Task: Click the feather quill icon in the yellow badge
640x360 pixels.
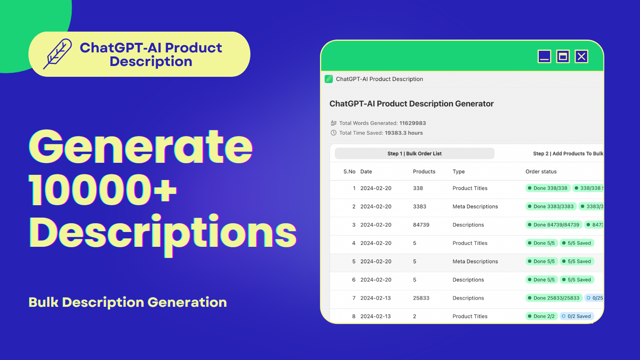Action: pos(58,54)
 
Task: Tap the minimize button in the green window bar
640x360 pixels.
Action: pos(544,56)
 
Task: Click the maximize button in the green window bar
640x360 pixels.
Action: pos(563,56)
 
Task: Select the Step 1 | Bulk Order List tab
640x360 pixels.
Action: pos(414,154)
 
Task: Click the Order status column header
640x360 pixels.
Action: pos(541,172)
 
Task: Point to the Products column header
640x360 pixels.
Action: pos(424,172)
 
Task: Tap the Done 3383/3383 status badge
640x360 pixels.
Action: pos(550,206)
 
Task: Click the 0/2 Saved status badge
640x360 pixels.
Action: pos(576,316)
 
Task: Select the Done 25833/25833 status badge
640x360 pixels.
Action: pos(554,298)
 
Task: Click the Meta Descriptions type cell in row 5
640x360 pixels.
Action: pos(475,262)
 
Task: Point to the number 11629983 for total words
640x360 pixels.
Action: pos(412,123)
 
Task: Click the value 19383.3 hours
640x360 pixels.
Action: pos(404,133)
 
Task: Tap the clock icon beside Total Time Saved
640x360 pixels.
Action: pos(334,133)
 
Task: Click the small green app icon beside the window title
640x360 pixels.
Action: pos(329,79)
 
